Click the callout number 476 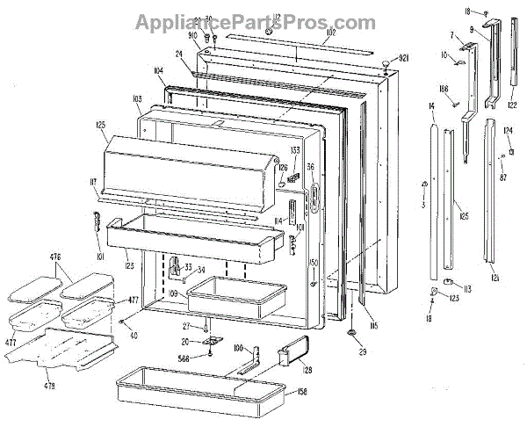click(x=54, y=257)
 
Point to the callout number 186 click(x=444, y=90)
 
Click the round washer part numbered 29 click(x=350, y=333)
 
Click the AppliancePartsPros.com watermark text click(x=254, y=22)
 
